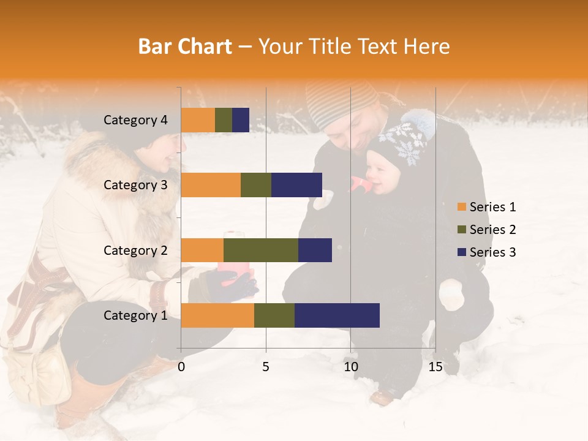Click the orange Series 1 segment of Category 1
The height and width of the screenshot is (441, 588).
tap(217, 315)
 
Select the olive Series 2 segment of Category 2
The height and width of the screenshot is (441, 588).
tap(261, 250)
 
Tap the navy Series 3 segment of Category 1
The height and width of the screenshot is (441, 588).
tap(337, 315)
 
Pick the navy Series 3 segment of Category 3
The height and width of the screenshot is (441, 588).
tap(296, 185)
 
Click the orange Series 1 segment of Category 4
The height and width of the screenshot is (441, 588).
tap(198, 120)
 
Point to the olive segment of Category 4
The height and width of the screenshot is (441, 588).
tap(224, 120)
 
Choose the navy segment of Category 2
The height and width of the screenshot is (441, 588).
tap(315, 250)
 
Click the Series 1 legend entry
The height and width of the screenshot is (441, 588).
tap(486, 207)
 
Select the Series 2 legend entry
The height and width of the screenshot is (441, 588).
tap(486, 230)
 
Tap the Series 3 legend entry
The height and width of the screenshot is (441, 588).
tap(486, 252)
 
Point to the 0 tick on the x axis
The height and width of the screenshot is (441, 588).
tap(181, 367)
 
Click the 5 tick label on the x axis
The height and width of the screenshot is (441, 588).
tap(266, 367)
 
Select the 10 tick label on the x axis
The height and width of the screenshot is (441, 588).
tap(350, 367)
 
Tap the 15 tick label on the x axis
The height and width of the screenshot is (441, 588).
tap(435, 367)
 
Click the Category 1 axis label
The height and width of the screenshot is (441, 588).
tap(135, 315)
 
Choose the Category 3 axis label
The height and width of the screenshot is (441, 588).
tap(135, 185)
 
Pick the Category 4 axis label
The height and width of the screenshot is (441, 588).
tap(135, 120)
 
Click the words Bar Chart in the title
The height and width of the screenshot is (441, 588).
tap(185, 46)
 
